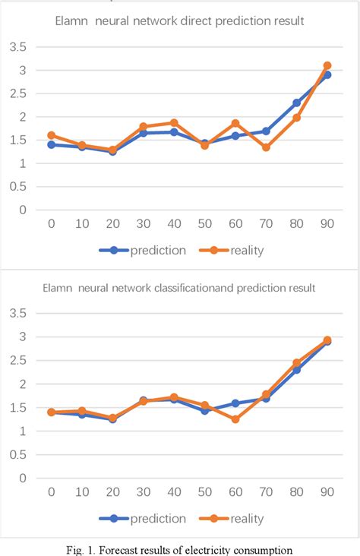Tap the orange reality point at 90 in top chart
[327, 66]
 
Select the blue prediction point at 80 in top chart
[297, 103]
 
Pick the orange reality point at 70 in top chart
[266, 147]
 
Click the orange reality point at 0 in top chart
[52, 135]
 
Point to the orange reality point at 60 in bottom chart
[235, 419]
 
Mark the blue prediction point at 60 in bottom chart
[235, 403]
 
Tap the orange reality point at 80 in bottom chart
[297, 363]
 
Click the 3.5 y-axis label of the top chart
[17, 47]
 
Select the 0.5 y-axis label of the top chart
[17, 187]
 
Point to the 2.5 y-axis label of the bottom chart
[17, 360]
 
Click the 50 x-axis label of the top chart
[204, 225]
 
